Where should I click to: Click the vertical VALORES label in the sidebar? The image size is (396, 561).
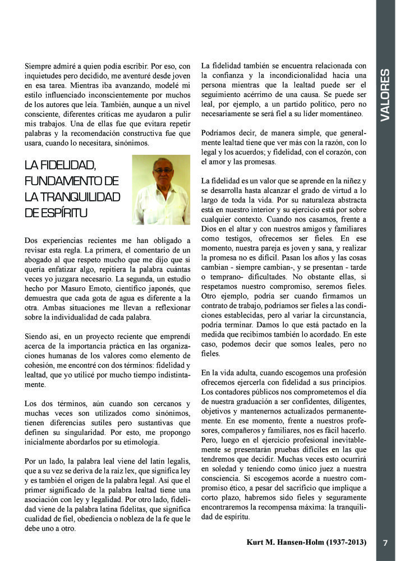pyautogui.click(x=385, y=95)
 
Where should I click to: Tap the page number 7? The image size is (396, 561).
pyautogui.click(x=385, y=543)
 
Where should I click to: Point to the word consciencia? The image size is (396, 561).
pyautogui.click(x=223, y=472)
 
